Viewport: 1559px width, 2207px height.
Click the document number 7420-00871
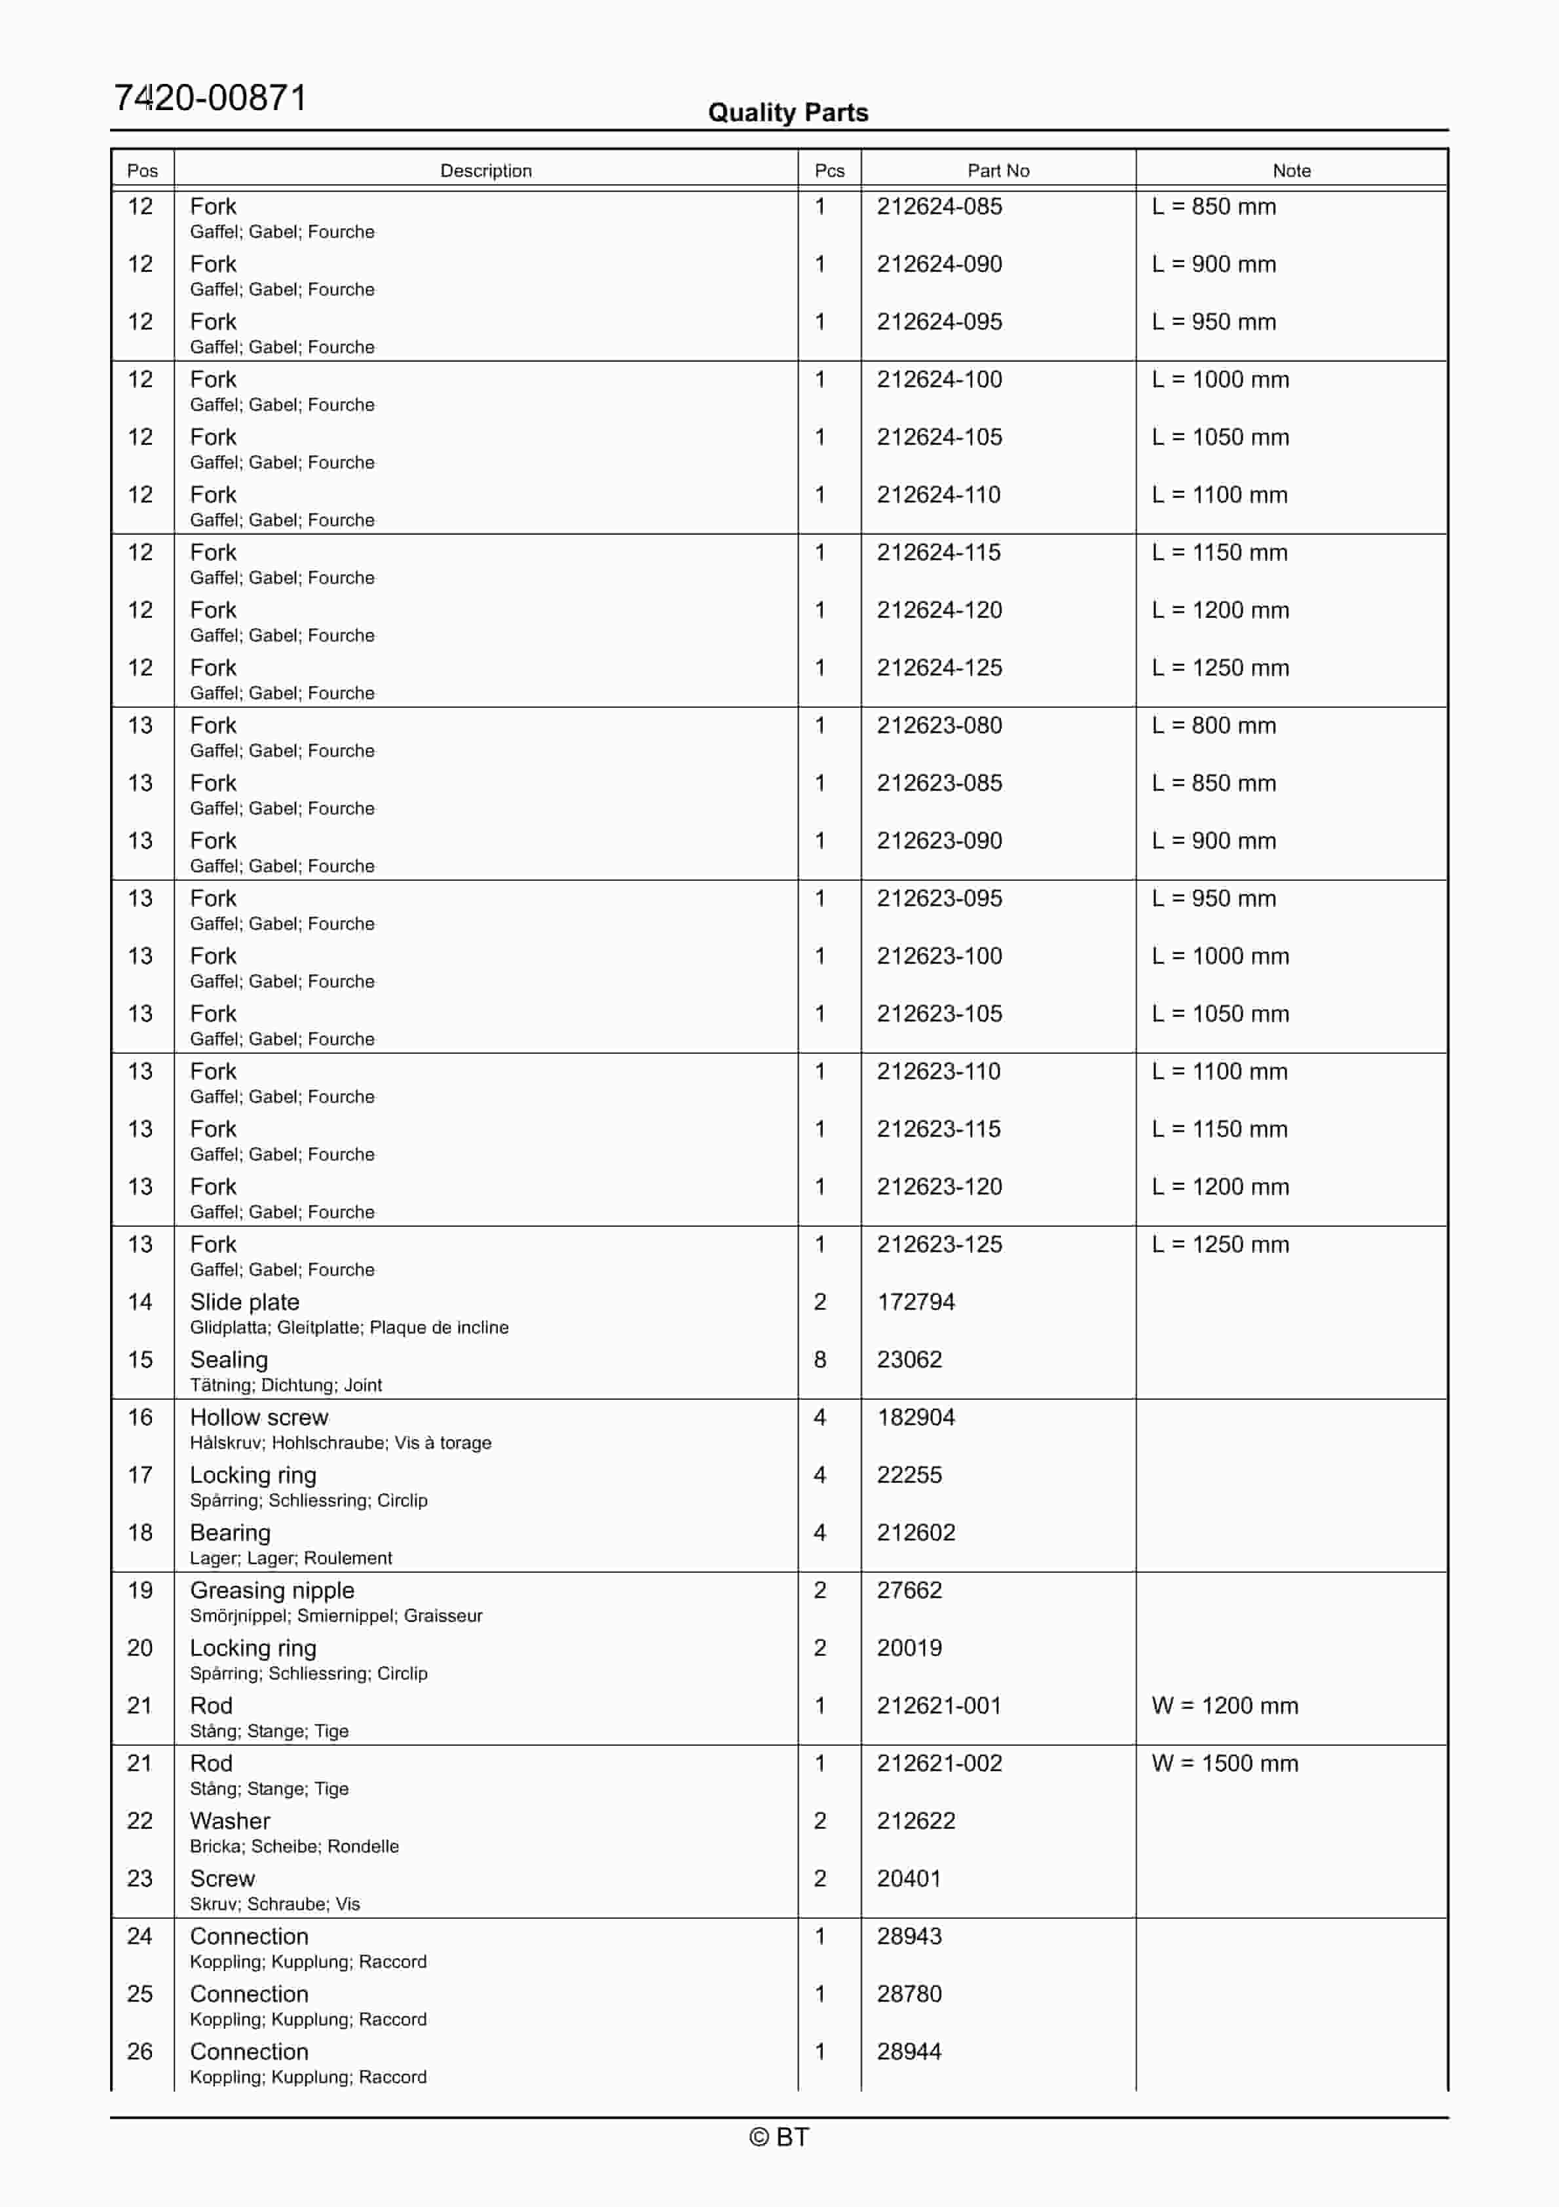(210, 98)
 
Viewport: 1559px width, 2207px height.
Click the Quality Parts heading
(787, 113)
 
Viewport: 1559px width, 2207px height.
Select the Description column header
(485, 171)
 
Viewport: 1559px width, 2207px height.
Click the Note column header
(1291, 171)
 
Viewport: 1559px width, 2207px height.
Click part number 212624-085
(939, 206)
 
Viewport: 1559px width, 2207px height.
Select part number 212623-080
(939, 726)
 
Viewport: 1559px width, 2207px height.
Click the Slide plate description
(244, 1303)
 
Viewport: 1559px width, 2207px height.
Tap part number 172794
(915, 1303)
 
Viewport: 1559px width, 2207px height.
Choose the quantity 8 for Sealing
(820, 1360)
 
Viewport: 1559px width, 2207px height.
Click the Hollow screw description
(259, 1418)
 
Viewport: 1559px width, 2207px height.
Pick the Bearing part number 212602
(915, 1533)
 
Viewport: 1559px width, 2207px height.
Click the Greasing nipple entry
(272, 1591)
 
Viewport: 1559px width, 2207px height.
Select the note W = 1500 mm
(1224, 1764)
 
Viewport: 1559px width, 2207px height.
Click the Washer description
(230, 1822)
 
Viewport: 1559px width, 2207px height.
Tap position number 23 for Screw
(140, 1879)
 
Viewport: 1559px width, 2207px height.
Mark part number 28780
(909, 1995)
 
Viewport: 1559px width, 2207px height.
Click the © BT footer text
(779, 2137)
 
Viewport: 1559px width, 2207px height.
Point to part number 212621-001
(939, 1706)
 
